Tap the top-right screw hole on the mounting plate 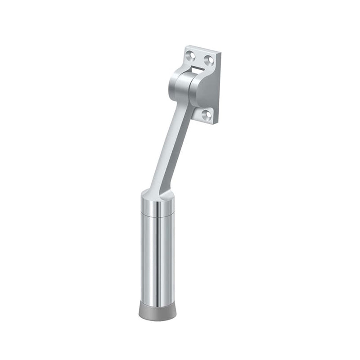pyautogui.click(x=208, y=59)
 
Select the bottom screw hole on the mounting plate pyautogui.click(x=207, y=115)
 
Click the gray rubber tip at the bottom pyautogui.click(x=157, y=310)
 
